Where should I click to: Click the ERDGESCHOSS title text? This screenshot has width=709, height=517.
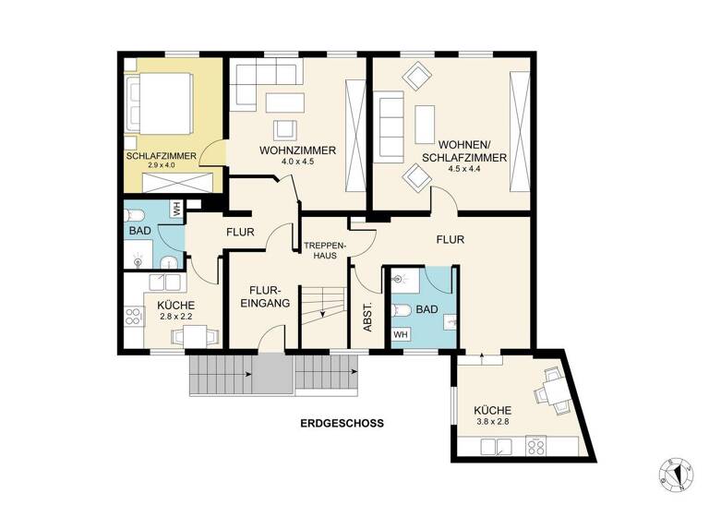pos(341,424)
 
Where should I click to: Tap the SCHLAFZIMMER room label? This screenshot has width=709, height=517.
pos(161,156)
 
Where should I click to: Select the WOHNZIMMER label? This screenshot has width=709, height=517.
pos(285,150)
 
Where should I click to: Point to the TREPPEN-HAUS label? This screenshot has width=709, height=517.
pos(323,250)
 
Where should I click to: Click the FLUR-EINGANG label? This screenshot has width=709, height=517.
pos(266,295)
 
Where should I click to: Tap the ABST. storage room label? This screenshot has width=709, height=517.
pos(367,318)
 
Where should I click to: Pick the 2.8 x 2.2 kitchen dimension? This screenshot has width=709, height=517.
pos(174,317)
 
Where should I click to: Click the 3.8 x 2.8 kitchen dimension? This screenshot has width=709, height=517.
pos(491,422)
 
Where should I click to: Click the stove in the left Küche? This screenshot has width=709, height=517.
pos(133,316)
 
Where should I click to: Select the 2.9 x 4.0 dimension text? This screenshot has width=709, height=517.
pos(161,166)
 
